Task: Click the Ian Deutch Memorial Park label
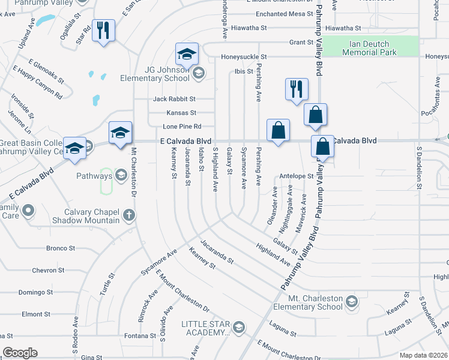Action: (x=369, y=48)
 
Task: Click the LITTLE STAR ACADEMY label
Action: (x=206, y=328)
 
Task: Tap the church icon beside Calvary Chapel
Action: (x=128, y=215)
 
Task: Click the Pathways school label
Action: (x=94, y=176)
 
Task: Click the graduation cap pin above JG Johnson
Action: (x=187, y=54)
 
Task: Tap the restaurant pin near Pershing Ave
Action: (x=297, y=89)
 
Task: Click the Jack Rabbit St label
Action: (x=174, y=98)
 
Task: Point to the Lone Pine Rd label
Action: (x=182, y=127)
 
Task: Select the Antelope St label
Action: (x=297, y=176)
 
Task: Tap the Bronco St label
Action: (x=61, y=248)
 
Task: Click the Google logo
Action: (x=20, y=353)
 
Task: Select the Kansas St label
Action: (x=181, y=113)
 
